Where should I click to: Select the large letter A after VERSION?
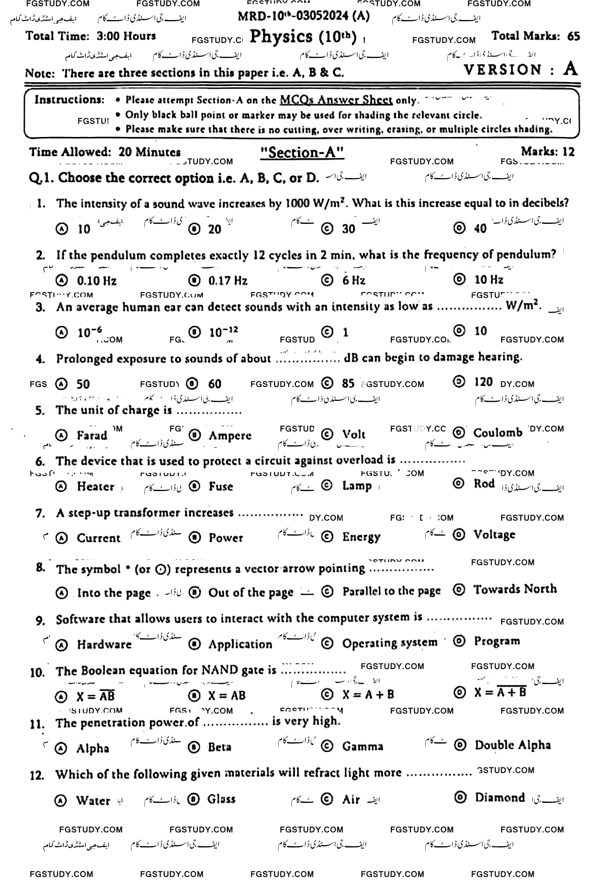pyautogui.click(x=570, y=69)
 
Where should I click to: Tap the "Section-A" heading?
pyautogui.click(x=303, y=152)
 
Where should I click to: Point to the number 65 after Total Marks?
pyautogui.click(x=574, y=37)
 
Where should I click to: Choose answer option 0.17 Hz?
pyautogui.click(x=228, y=281)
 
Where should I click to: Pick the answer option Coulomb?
pyautogui.click(x=498, y=433)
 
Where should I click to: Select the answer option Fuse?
pyautogui.click(x=221, y=486)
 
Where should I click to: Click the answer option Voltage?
pyautogui.click(x=494, y=535)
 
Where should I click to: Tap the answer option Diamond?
pyautogui.click(x=500, y=797)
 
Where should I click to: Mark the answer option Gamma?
pyautogui.click(x=363, y=746)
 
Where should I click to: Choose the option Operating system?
pyautogui.click(x=389, y=642)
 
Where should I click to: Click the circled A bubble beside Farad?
pyautogui.click(x=61, y=436)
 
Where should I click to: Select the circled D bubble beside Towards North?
pyautogui.click(x=459, y=590)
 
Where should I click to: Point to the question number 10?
pyautogui.click(x=37, y=673)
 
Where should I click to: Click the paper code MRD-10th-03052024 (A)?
pyautogui.click(x=303, y=16)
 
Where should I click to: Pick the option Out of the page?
pyautogui.click(x=250, y=593)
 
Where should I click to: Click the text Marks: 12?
pyautogui.click(x=547, y=152)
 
